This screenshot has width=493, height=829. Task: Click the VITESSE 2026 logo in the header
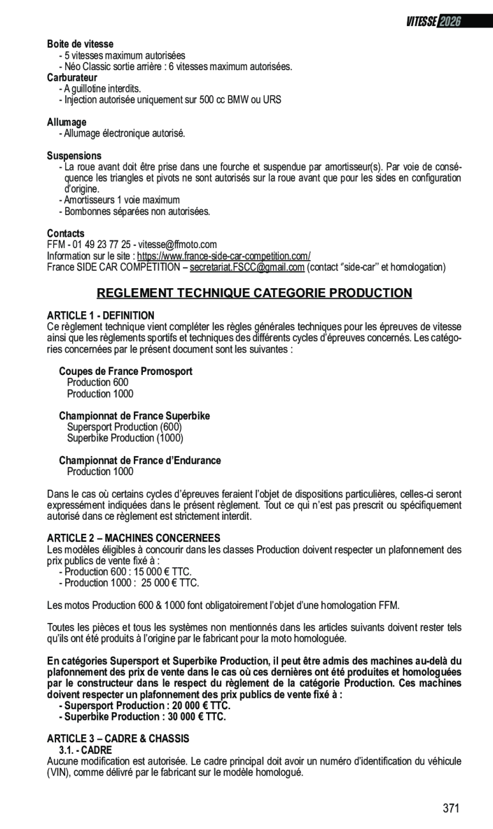pyautogui.click(x=433, y=22)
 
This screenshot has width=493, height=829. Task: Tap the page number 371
pyautogui.click(x=451, y=809)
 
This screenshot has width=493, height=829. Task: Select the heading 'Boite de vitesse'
pyautogui.click(x=80, y=44)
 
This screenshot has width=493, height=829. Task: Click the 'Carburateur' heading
pyautogui.click(x=72, y=77)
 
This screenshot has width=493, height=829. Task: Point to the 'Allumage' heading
pyautogui.click(x=66, y=122)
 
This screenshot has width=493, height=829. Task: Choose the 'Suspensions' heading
pyautogui.click(x=74, y=156)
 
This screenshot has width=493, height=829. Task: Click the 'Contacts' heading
pyautogui.click(x=66, y=233)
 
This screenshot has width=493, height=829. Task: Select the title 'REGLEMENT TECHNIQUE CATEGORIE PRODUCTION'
pyautogui.click(x=254, y=293)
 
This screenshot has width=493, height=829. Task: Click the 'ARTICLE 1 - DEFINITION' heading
pyautogui.click(x=101, y=315)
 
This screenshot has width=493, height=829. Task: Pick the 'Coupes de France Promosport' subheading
pyautogui.click(x=126, y=371)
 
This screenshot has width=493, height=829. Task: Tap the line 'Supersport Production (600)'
pyautogui.click(x=124, y=427)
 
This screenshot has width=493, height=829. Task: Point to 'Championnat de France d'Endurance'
pyautogui.click(x=140, y=460)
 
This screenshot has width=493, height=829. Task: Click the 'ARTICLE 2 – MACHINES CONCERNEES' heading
pyautogui.click(x=133, y=538)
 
